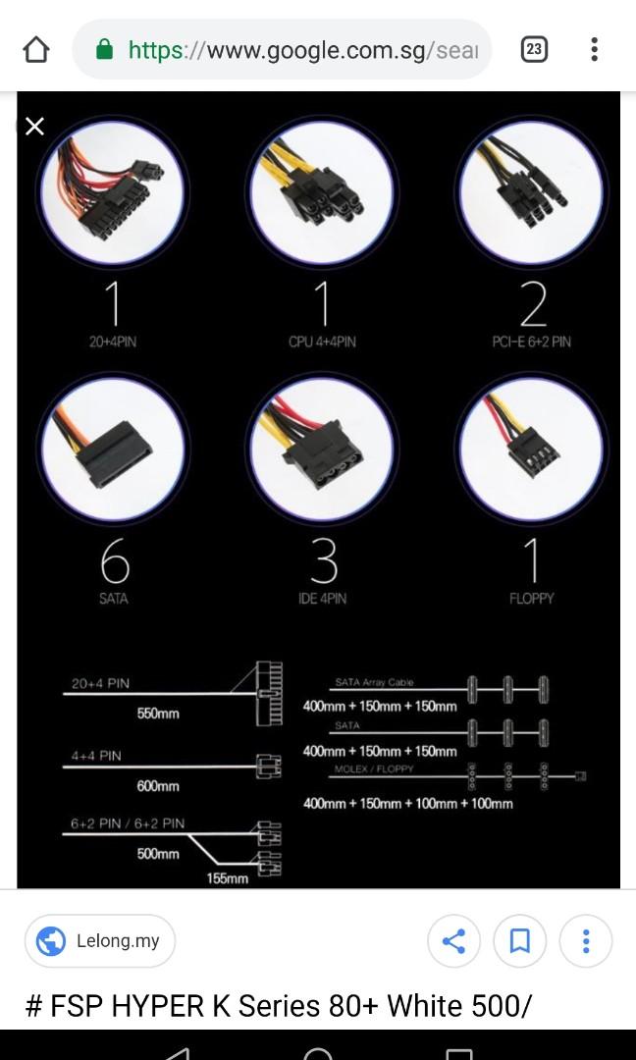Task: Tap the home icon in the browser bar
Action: tap(35, 50)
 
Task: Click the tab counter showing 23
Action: tap(534, 49)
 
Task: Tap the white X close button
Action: tap(34, 126)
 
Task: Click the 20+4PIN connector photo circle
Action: tap(112, 192)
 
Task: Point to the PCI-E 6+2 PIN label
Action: tap(531, 342)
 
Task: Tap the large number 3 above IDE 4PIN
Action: tap(323, 561)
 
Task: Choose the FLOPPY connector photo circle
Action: tap(531, 448)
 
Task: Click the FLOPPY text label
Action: tap(531, 598)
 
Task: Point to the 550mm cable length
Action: tap(158, 714)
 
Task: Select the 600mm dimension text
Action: tap(158, 786)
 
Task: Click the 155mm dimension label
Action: tap(228, 878)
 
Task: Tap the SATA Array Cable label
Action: tap(374, 682)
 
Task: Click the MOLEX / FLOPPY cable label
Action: tap(374, 768)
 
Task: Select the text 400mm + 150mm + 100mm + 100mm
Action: tap(407, 803)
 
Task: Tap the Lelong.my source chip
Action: tap(100, 941)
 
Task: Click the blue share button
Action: tap(453, 942)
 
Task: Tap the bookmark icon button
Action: tap(520, 942)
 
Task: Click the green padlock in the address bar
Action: tap(105, 49)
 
